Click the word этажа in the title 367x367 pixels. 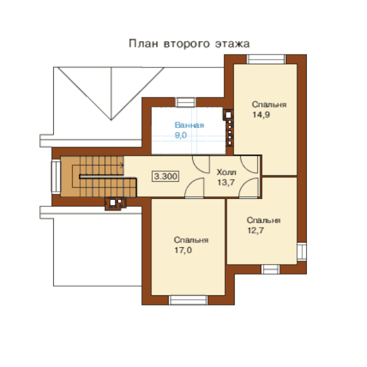tap(232, 44)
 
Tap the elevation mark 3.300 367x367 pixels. tap(166, 176)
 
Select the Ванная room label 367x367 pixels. tap(189, 125)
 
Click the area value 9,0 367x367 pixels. tap(181, 135)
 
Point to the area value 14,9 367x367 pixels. tap(261, 114)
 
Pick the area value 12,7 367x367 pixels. tap(256, 231)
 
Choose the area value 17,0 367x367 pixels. tap(183, 250)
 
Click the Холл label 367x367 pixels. tap(226, 172)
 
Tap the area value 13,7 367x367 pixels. tap(226, 182)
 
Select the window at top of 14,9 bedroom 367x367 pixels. tap(266, 59)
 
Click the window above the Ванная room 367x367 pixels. tap(185, 102)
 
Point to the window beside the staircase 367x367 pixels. tap(56, 177)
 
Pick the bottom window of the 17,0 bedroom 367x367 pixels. tap(188, 300)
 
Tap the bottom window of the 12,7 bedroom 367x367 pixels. tap(270, 269)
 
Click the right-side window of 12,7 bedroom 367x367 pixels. tap(302, 252)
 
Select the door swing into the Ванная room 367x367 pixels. tap(201, 165)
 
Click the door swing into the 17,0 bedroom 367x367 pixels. tap(194, 188)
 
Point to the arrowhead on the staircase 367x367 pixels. tap(122, 166)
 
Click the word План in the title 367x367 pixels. tap(143, 44)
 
